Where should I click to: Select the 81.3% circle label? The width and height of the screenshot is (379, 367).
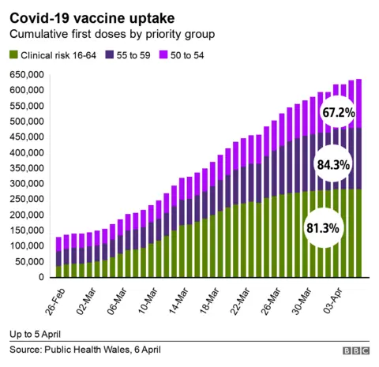(321, 228)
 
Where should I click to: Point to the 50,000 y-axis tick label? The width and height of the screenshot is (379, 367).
(31, 262)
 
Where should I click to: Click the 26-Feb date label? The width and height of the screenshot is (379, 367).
(52, 298)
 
